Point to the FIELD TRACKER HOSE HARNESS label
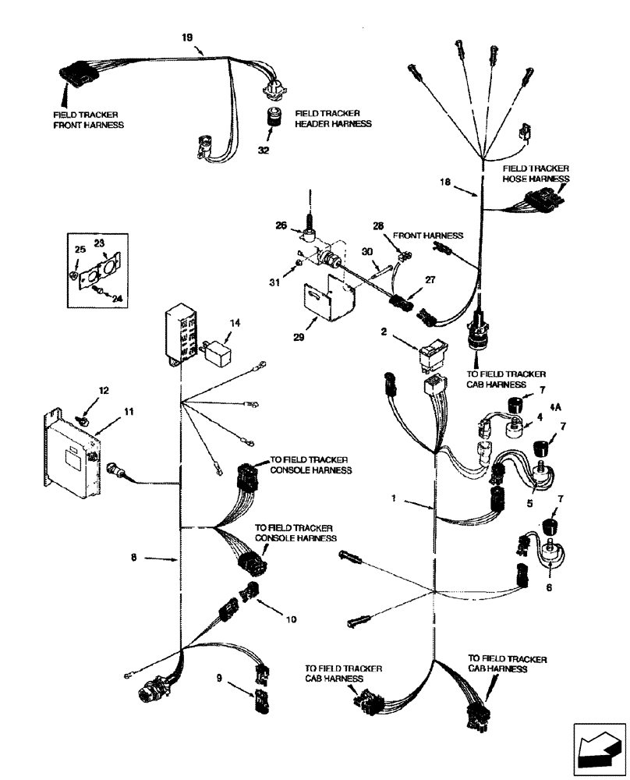536,173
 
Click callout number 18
445,182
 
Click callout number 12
103,390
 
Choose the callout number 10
290,619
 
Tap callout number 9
221,679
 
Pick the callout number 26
281,226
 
